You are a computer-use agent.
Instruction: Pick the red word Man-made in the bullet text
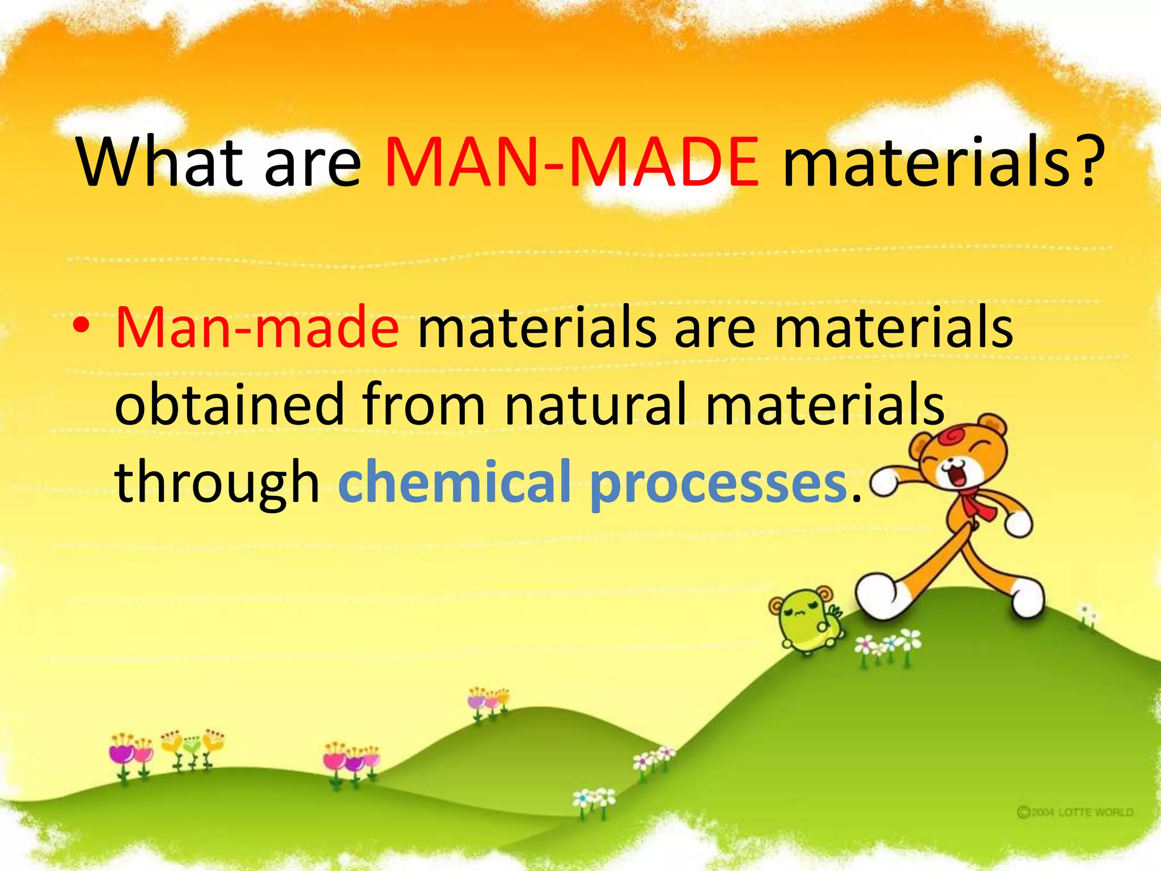(x=257, y=329)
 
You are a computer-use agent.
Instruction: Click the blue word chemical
(x=454, y=482)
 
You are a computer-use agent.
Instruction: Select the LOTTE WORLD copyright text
(x=1075, y=813)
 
